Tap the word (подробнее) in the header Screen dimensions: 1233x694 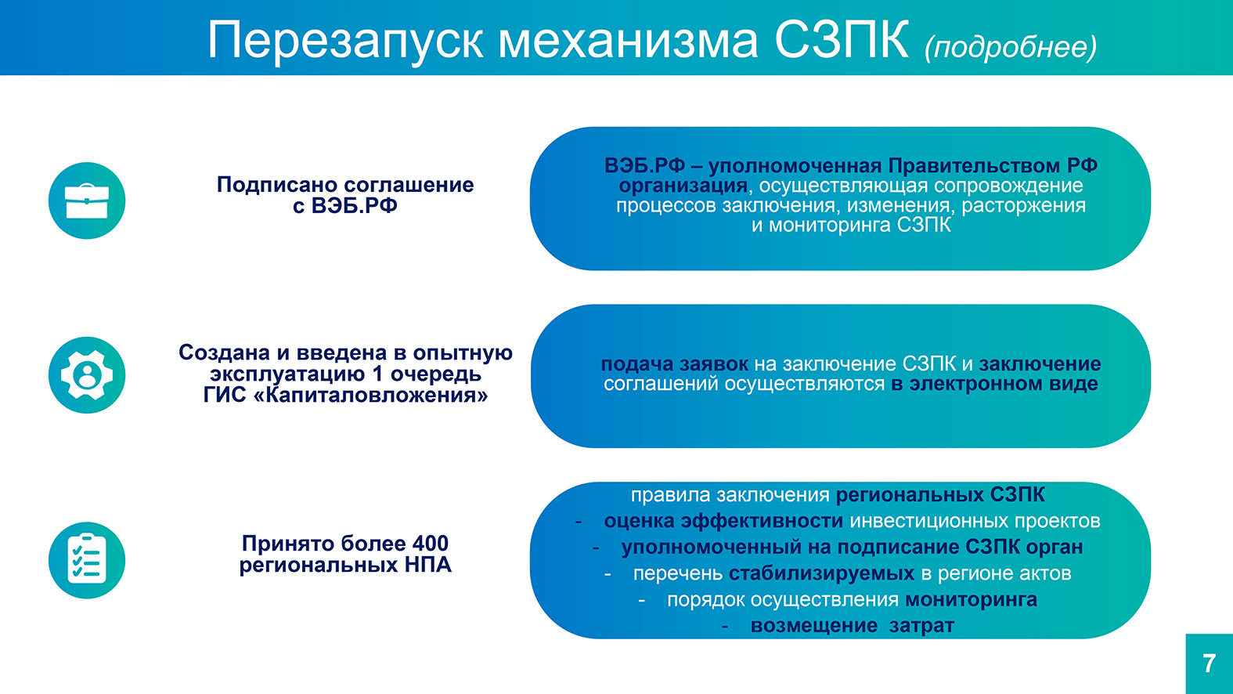click(1011, 47)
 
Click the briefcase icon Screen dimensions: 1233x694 click(87, 201)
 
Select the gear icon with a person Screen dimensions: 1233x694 click(87, 375)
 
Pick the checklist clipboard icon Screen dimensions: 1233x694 click(87, 560)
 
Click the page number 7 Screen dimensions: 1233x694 click(1210, 663)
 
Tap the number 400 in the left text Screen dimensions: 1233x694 click(431, 544)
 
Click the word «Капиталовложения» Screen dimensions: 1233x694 click(371, 396)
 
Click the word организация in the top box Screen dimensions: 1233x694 click(683, 186)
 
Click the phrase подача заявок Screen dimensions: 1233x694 click(674, 364)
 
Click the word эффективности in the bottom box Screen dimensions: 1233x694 click(762, 521)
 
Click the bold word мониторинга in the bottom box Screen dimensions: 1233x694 click(971, 600)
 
